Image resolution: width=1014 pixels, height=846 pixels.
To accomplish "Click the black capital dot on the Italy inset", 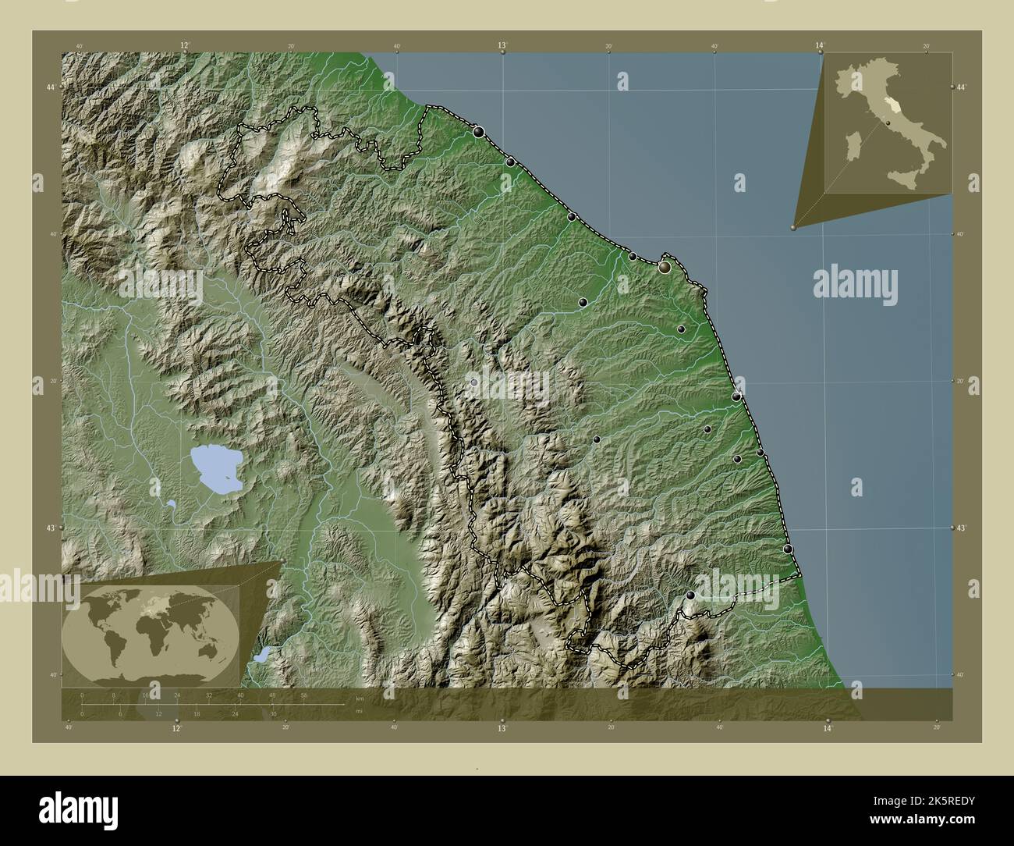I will pos(888,123).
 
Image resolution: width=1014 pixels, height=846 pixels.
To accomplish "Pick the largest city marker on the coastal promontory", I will pos(665,268).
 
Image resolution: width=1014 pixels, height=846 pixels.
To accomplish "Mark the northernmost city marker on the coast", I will pos(478,132).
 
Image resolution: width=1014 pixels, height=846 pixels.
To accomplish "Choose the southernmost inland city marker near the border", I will pos(690,595).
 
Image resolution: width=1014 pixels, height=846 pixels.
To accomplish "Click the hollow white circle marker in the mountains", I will pos(473,382).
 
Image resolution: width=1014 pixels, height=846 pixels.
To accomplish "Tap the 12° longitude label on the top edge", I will pos(185,46).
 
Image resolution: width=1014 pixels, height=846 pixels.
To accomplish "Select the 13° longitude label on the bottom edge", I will pos(502,728).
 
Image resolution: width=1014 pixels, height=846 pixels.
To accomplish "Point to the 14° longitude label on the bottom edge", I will pos(828,728).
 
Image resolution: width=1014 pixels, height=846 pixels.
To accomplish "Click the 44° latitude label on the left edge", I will pos(50,87).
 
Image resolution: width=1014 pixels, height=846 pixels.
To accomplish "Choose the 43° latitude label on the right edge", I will pos(963,528).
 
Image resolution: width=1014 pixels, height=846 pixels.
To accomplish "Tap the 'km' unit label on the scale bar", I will pos(360,698).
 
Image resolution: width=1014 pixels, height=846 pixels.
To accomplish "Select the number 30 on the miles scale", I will pos(272,713).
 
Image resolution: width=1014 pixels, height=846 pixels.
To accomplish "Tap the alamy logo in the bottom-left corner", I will pos(80,808).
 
